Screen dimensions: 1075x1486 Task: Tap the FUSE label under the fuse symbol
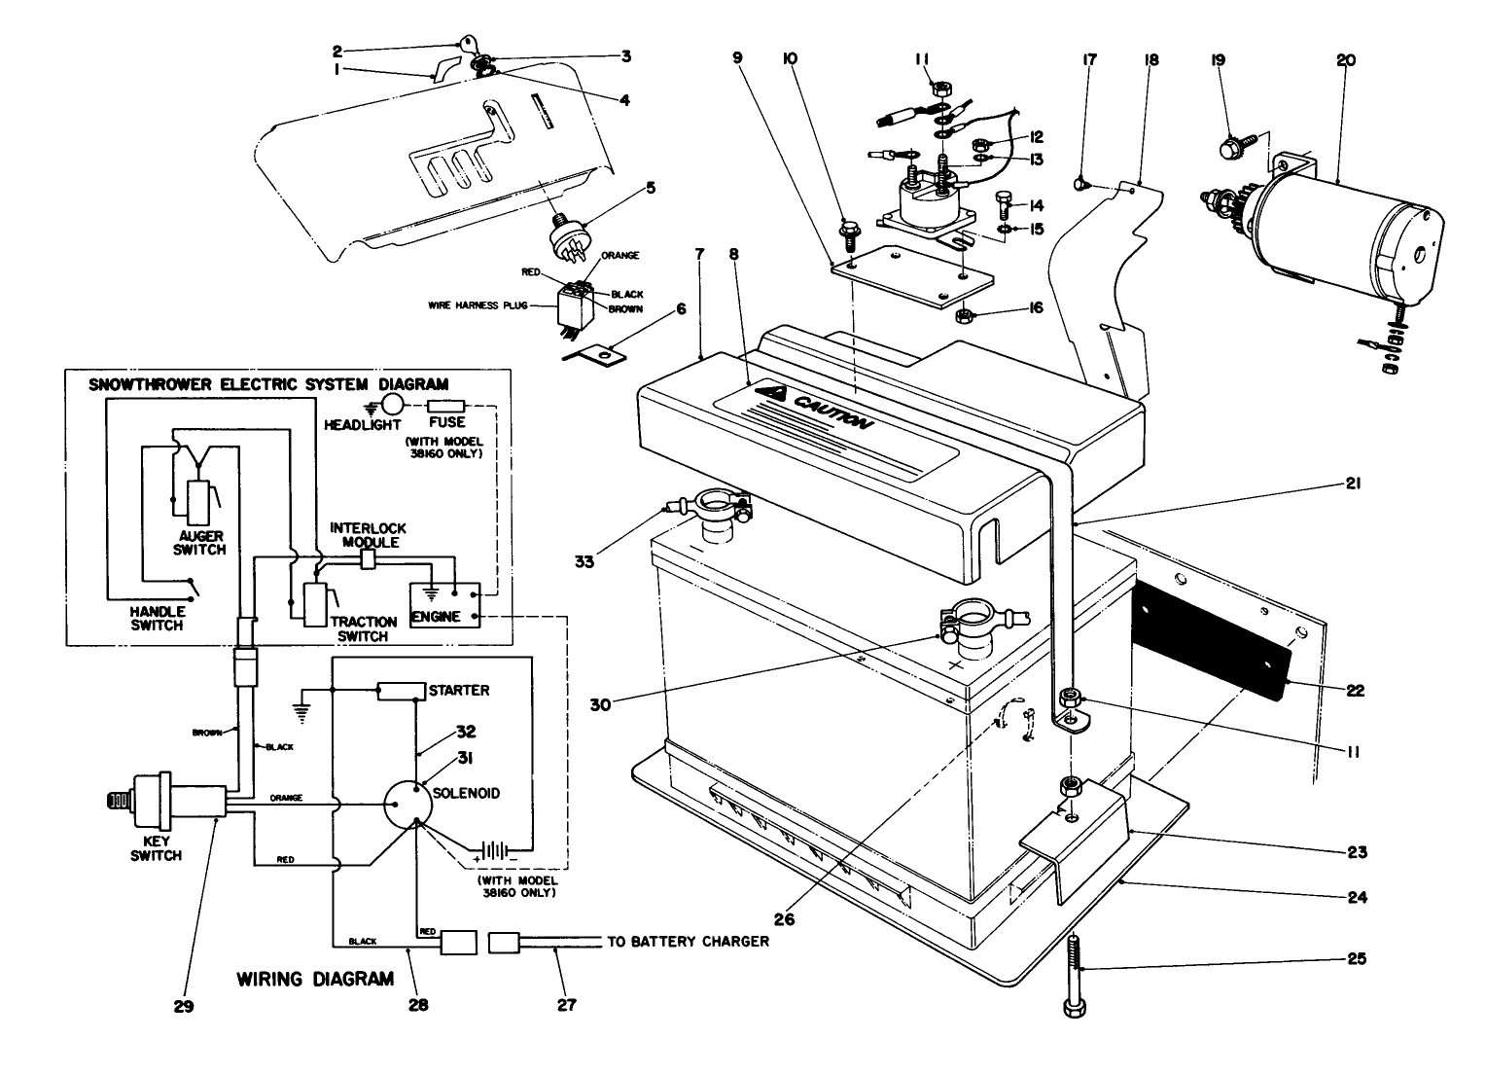(447, 423)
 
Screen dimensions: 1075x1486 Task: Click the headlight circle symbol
(391, 405)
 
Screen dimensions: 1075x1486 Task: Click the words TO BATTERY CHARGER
(688, 942)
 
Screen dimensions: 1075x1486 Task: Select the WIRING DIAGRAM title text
(315, 979)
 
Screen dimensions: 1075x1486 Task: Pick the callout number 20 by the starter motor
(1345, 60)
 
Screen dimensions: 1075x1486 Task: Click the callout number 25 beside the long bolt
(1356, 959)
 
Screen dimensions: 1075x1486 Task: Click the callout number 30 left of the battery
(600, 704)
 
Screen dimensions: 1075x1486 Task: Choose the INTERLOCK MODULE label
(363, 534)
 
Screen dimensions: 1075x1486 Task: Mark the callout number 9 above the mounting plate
(737, 59)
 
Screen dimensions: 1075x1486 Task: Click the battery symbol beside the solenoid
(496, 851)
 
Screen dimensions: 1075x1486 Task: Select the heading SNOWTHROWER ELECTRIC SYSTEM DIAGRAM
(268, 383)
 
